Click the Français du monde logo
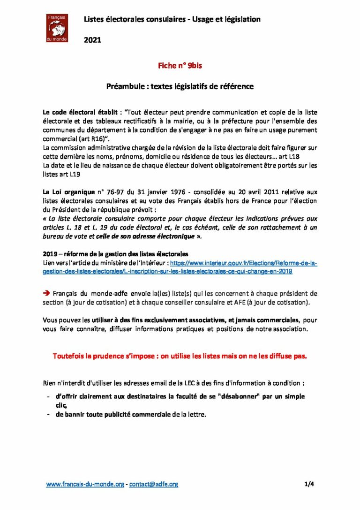pyautogui.click(x=57, y=28)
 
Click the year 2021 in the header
pyautogui.click(x=92, y=40)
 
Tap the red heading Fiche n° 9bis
pyautogui.click(x=180, y=67)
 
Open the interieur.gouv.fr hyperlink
pyautogui.click(x=243, y=264)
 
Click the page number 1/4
pyautogui.click(x=309, y=484)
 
